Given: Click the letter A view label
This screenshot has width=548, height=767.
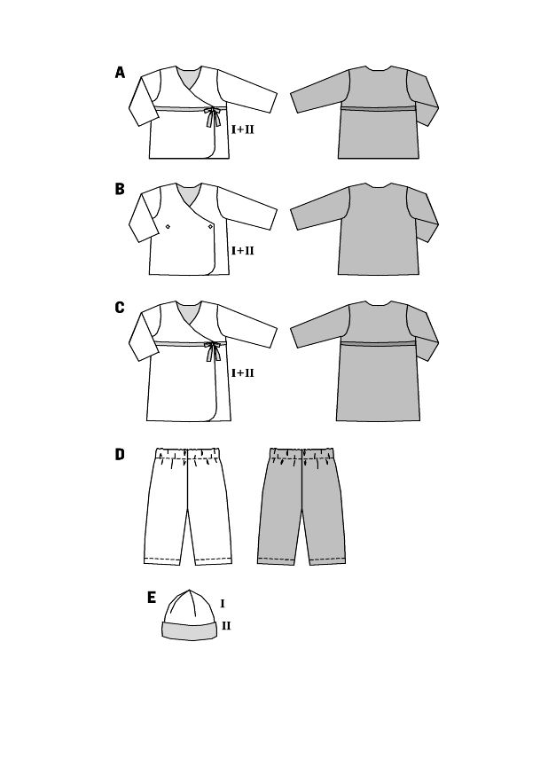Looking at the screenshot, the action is click(x=120, y=73).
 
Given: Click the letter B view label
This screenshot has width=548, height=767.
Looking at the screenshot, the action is click(x=120, y=189).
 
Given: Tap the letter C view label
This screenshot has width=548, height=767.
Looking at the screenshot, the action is click(x=120, y=308).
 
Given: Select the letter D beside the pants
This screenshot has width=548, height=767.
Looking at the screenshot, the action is click(x=120, y=454).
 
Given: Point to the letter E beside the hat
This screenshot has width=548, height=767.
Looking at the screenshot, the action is click(x=152, y=598).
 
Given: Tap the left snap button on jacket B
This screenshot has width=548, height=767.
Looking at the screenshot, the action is click(x=168, y=226).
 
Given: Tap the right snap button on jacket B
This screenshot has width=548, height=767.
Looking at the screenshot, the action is click(x=210, y=226).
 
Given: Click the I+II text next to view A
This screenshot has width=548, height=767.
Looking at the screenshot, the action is click(x=243, y=130).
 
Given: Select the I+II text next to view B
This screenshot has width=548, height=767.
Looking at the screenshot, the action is click(x=243, y=250).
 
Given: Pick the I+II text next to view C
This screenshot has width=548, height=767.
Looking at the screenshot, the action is click(x=243, y=372).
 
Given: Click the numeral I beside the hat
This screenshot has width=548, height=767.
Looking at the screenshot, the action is click(x=223, y=604).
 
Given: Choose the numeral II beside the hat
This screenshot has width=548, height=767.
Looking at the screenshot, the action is click(x=226, y=626).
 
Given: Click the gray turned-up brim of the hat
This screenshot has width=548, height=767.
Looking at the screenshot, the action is click(x=190, y=630).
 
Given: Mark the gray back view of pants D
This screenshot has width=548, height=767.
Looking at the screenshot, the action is click(x=301, y=505).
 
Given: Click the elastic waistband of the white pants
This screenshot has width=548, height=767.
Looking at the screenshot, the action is click(x=188, y=451).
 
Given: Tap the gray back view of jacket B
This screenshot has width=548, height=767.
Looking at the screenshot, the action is click(x=364, y=230).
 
